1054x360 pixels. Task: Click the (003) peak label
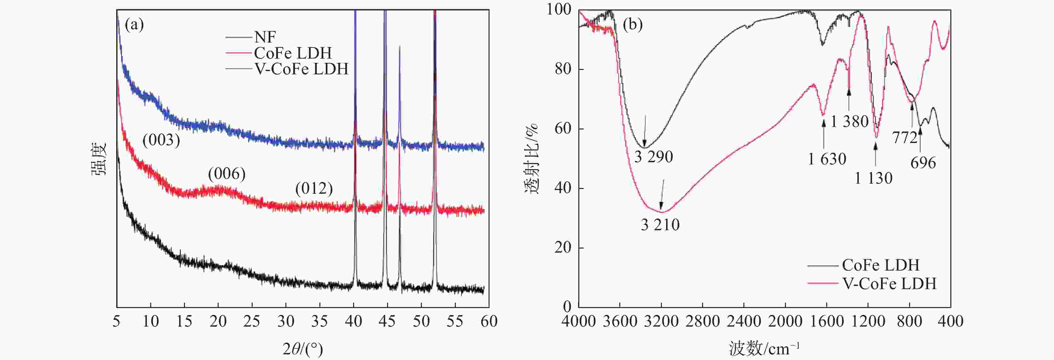point(161,140)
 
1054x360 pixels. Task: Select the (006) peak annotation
point(227,174)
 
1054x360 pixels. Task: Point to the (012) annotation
point(314,189)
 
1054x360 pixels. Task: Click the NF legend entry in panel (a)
point(265,37)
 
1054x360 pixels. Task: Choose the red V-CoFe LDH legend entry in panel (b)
point(889,283)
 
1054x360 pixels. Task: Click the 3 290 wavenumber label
point(653,157)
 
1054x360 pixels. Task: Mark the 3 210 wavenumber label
point(660,225)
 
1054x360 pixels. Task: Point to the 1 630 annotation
point(827,159)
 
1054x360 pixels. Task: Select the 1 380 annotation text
point(850,122)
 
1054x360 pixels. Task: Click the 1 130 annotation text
point(873,178)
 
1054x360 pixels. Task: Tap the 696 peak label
point(923,163)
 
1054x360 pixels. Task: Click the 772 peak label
point(905,138)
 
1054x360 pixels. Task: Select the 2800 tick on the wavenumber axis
point(702,322)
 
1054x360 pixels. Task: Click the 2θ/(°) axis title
point(303,349)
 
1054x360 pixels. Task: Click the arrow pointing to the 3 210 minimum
point(662,195)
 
